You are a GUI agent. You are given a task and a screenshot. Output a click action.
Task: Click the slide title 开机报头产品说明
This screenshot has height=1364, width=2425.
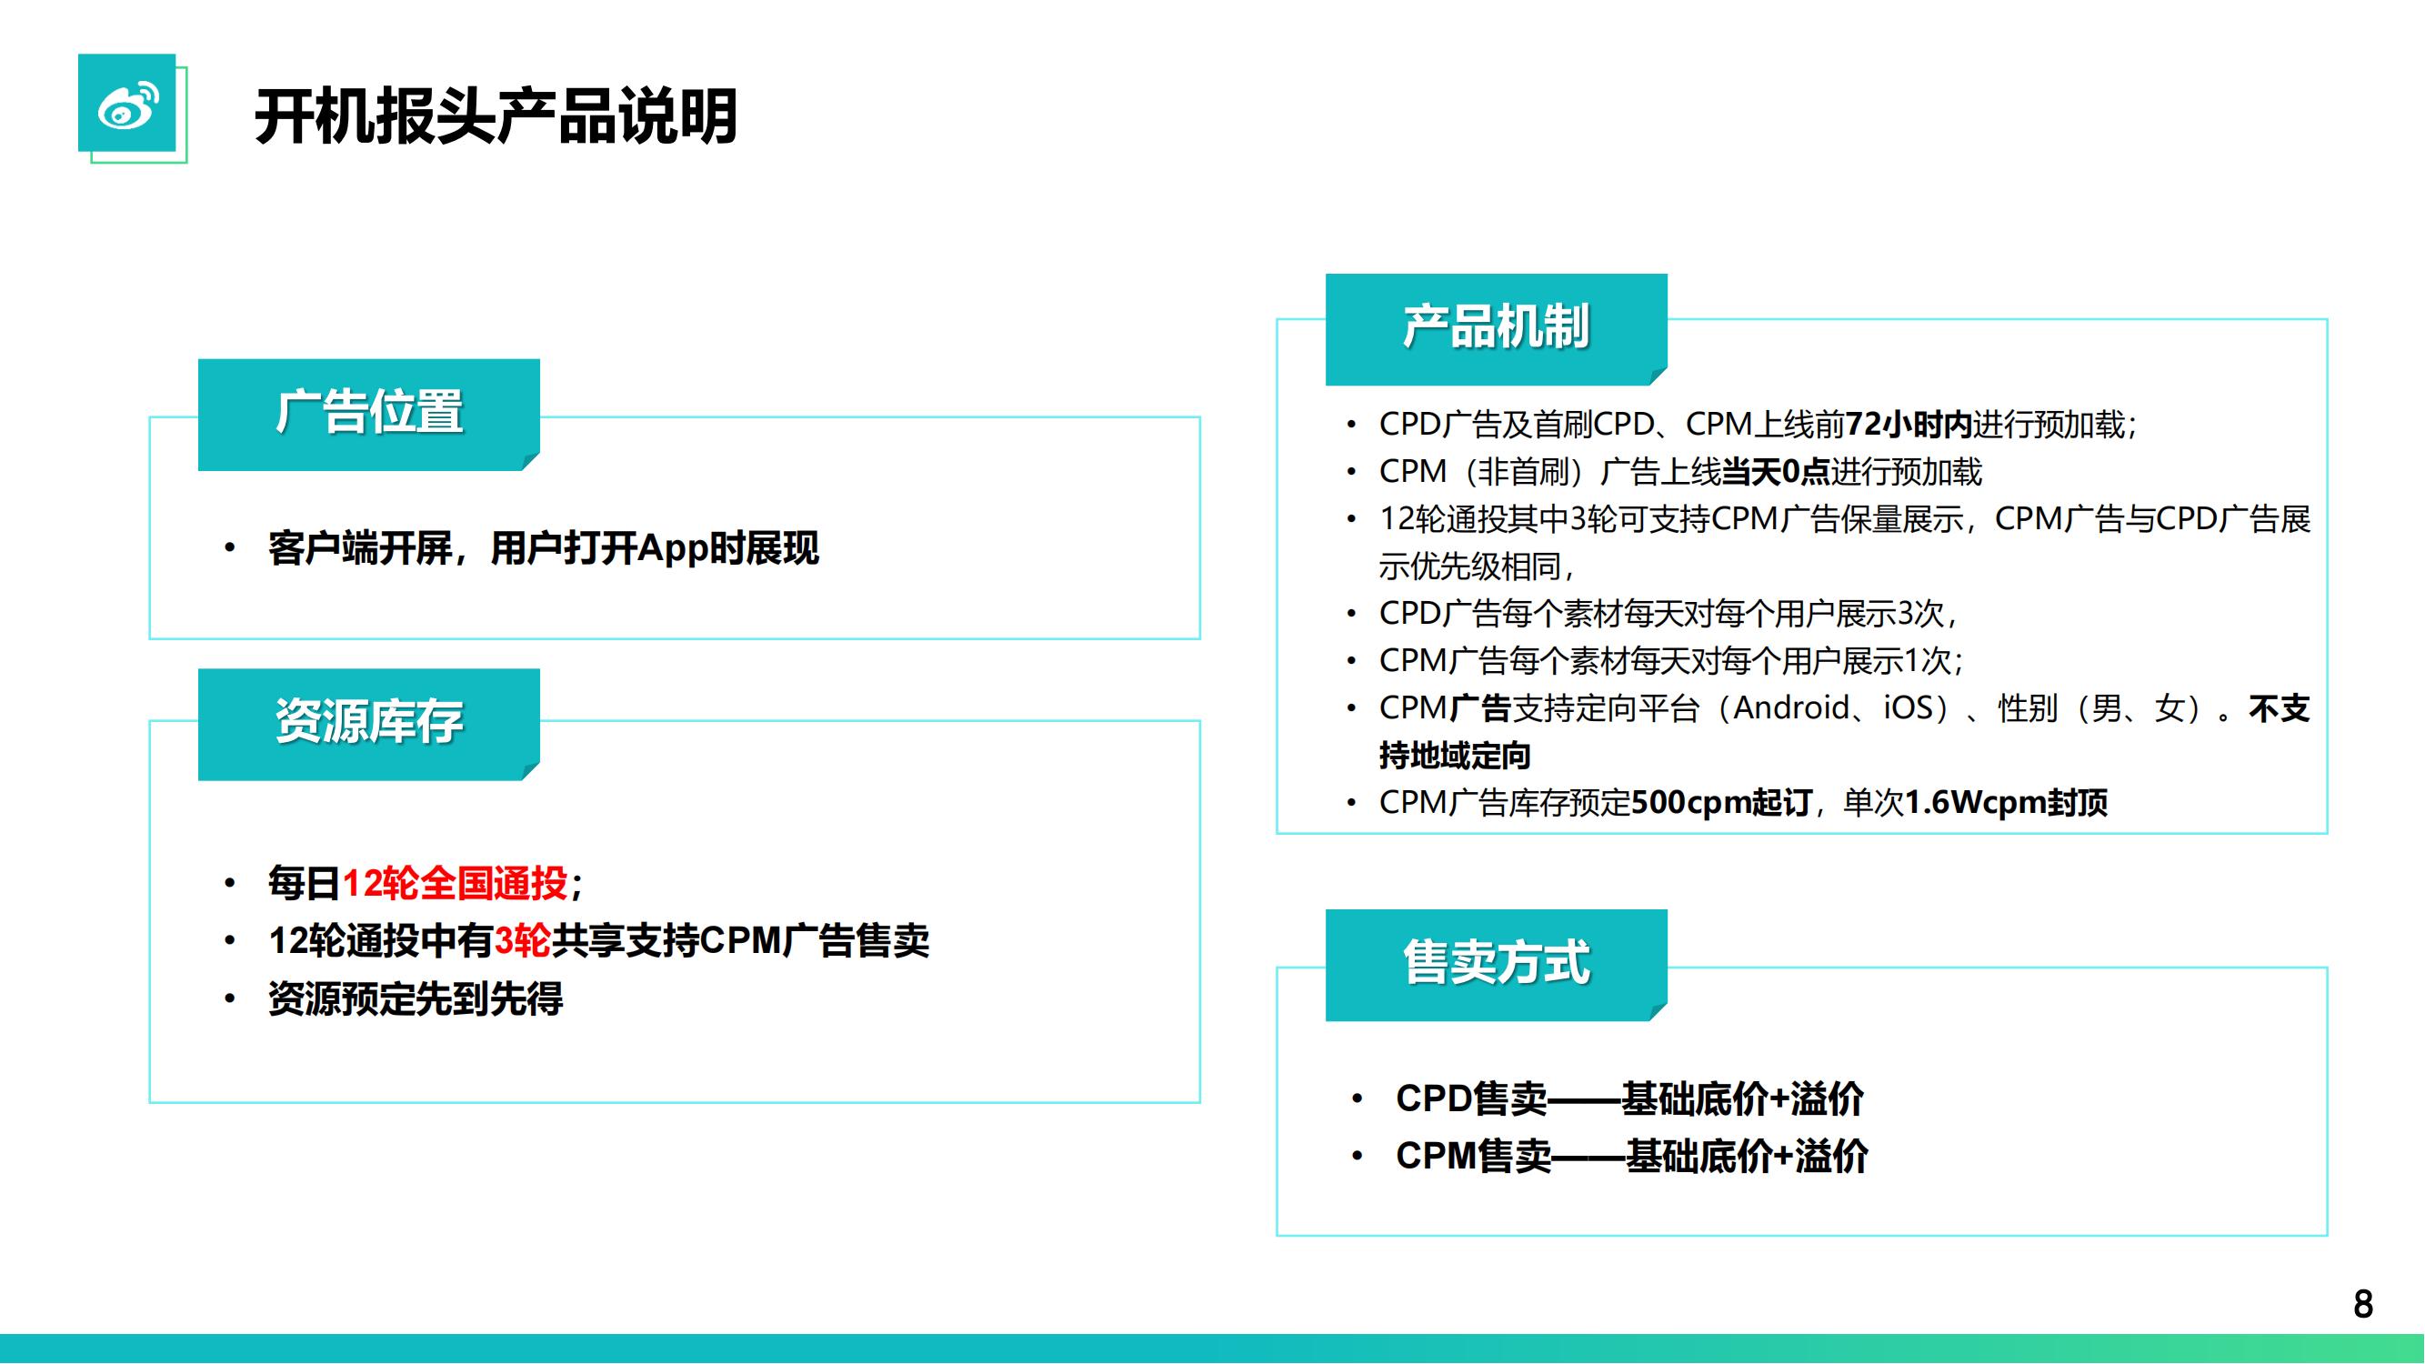496,116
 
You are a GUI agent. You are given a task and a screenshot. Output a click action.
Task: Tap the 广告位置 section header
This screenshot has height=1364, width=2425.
369,413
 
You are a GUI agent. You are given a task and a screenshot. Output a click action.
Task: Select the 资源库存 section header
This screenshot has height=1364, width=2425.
369,723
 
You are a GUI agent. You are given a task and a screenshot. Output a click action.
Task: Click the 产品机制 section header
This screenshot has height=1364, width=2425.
1497,327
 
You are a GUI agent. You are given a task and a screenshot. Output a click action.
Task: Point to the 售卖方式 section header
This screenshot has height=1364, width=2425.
1497,964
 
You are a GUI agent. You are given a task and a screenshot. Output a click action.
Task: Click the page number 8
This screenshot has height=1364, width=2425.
2363,1304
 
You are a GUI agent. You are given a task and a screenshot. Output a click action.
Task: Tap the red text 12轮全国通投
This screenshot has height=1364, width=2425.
455,883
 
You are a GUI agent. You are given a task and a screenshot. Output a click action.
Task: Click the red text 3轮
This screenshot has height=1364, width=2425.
523,940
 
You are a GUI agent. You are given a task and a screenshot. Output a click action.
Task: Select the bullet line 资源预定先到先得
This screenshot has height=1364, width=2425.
416,998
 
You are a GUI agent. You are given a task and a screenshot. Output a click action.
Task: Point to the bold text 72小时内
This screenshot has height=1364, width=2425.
1909,425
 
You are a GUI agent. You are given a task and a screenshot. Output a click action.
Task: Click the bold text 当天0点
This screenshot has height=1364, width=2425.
1776,472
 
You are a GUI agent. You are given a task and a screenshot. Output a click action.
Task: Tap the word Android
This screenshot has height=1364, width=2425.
1791,707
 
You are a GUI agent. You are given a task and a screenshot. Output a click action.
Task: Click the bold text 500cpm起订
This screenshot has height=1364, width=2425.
1722,803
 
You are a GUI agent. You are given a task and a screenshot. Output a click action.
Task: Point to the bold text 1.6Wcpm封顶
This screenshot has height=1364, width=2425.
2006,803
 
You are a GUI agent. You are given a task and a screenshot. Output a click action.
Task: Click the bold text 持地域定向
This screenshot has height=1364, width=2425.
1456,756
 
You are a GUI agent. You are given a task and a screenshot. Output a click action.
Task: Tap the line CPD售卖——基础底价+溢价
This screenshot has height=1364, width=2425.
1629,1098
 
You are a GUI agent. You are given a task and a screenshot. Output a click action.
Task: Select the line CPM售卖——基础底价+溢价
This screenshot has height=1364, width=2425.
1632,1156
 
